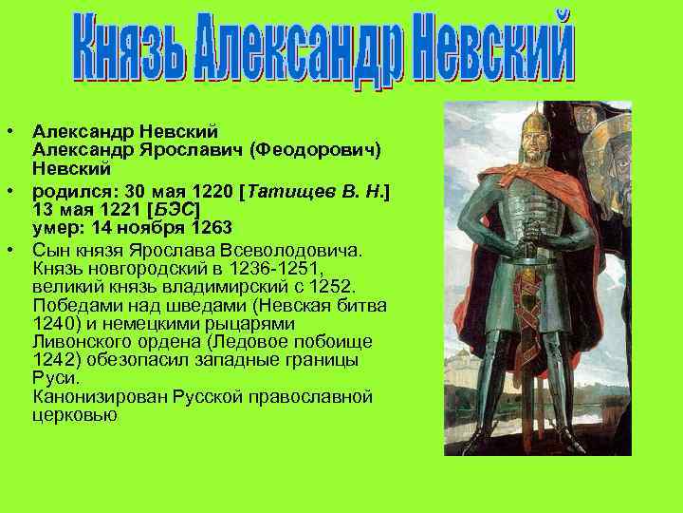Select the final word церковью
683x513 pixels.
click(x=74, y=414)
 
